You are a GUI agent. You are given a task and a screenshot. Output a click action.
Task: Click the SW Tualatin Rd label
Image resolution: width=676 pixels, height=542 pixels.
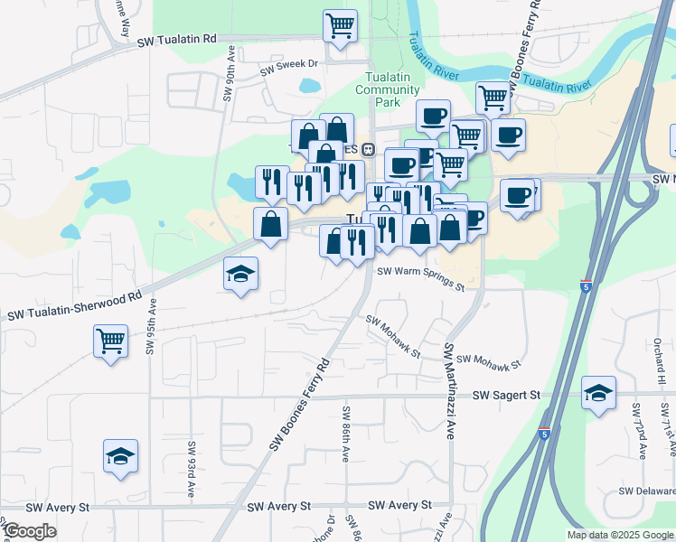point(178,40)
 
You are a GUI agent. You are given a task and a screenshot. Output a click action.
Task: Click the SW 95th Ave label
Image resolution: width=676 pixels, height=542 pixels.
point(151,332)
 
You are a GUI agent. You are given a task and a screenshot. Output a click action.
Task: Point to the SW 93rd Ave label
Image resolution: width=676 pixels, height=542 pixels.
point(192,470)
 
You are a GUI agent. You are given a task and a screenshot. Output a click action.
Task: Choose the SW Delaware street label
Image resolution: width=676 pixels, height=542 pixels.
point(647,491)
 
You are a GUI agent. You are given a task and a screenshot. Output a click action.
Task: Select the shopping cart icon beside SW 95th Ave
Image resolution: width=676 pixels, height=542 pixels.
point(110,341)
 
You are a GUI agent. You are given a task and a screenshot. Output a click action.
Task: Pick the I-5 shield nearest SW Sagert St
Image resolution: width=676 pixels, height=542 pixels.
point(543,434)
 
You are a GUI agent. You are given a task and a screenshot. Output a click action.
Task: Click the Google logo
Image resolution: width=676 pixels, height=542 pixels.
point(31,531)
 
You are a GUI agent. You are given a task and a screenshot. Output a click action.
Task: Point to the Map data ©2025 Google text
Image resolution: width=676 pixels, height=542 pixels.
point(620,535)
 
